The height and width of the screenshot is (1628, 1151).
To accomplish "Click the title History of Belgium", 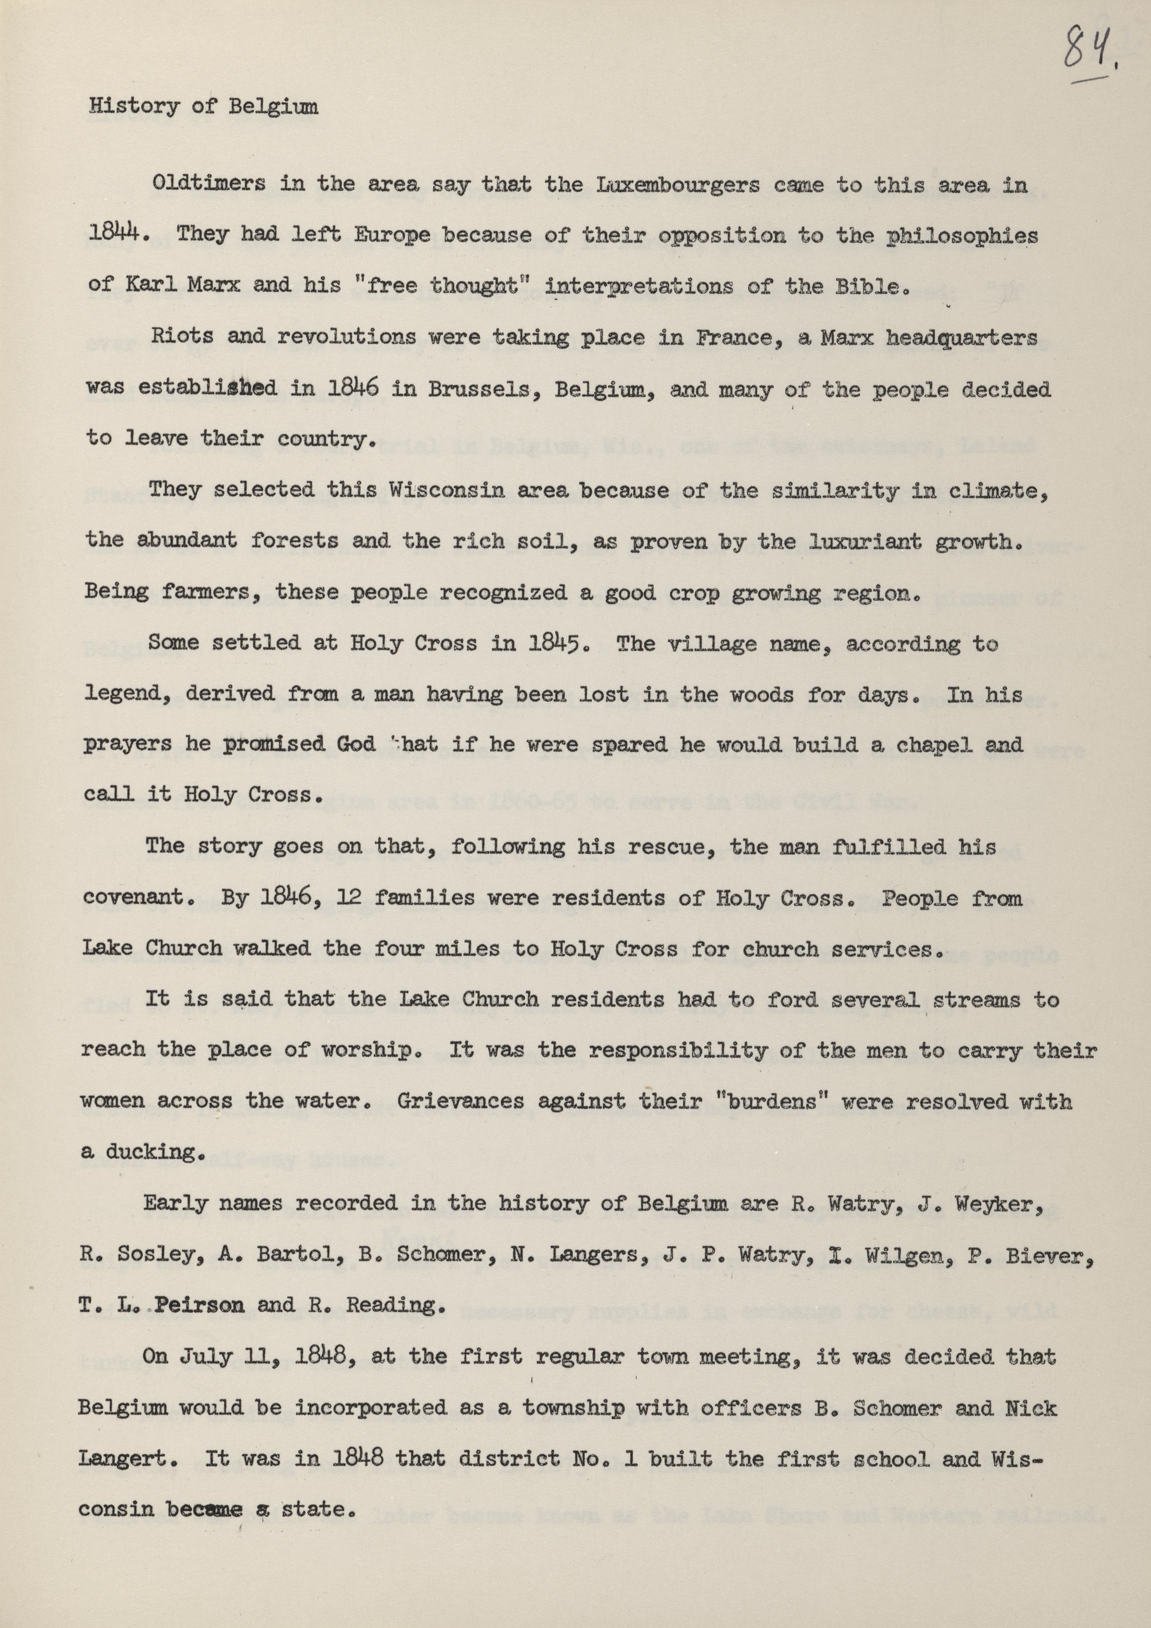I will (x=204, y=107).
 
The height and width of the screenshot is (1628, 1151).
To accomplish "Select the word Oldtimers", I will (x=209, y=185).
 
